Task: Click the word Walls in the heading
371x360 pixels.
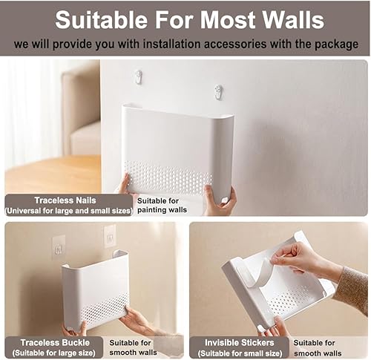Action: (293, 20)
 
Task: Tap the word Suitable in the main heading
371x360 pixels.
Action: (102, 20)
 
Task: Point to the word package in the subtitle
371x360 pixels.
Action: (336, 45)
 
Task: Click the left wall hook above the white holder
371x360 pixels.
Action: (139, 76)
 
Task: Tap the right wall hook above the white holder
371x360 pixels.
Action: (218, 92)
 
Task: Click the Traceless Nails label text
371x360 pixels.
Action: (65, 200)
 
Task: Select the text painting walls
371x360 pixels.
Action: (162, 210)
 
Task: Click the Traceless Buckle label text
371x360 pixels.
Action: (55, 343)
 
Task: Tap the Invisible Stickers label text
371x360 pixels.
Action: (240, 343)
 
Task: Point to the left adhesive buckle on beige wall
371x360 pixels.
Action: (59, 248)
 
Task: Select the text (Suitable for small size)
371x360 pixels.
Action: (240, 353)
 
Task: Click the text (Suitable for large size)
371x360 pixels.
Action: (53, 353)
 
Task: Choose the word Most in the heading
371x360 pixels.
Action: (227, 20)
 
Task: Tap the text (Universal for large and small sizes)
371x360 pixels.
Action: (68, 211)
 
